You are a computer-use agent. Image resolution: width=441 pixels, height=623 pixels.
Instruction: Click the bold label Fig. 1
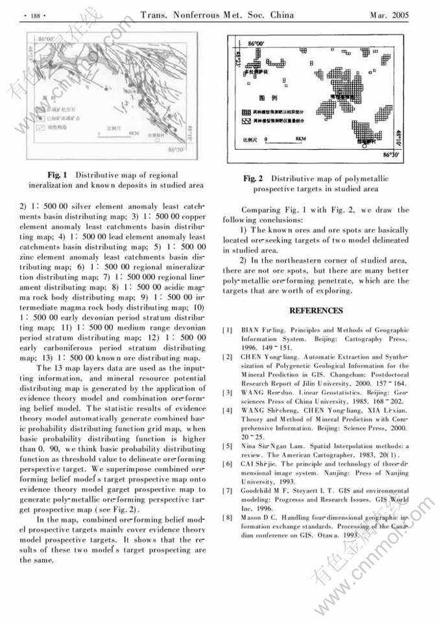(x=58, y=175)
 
